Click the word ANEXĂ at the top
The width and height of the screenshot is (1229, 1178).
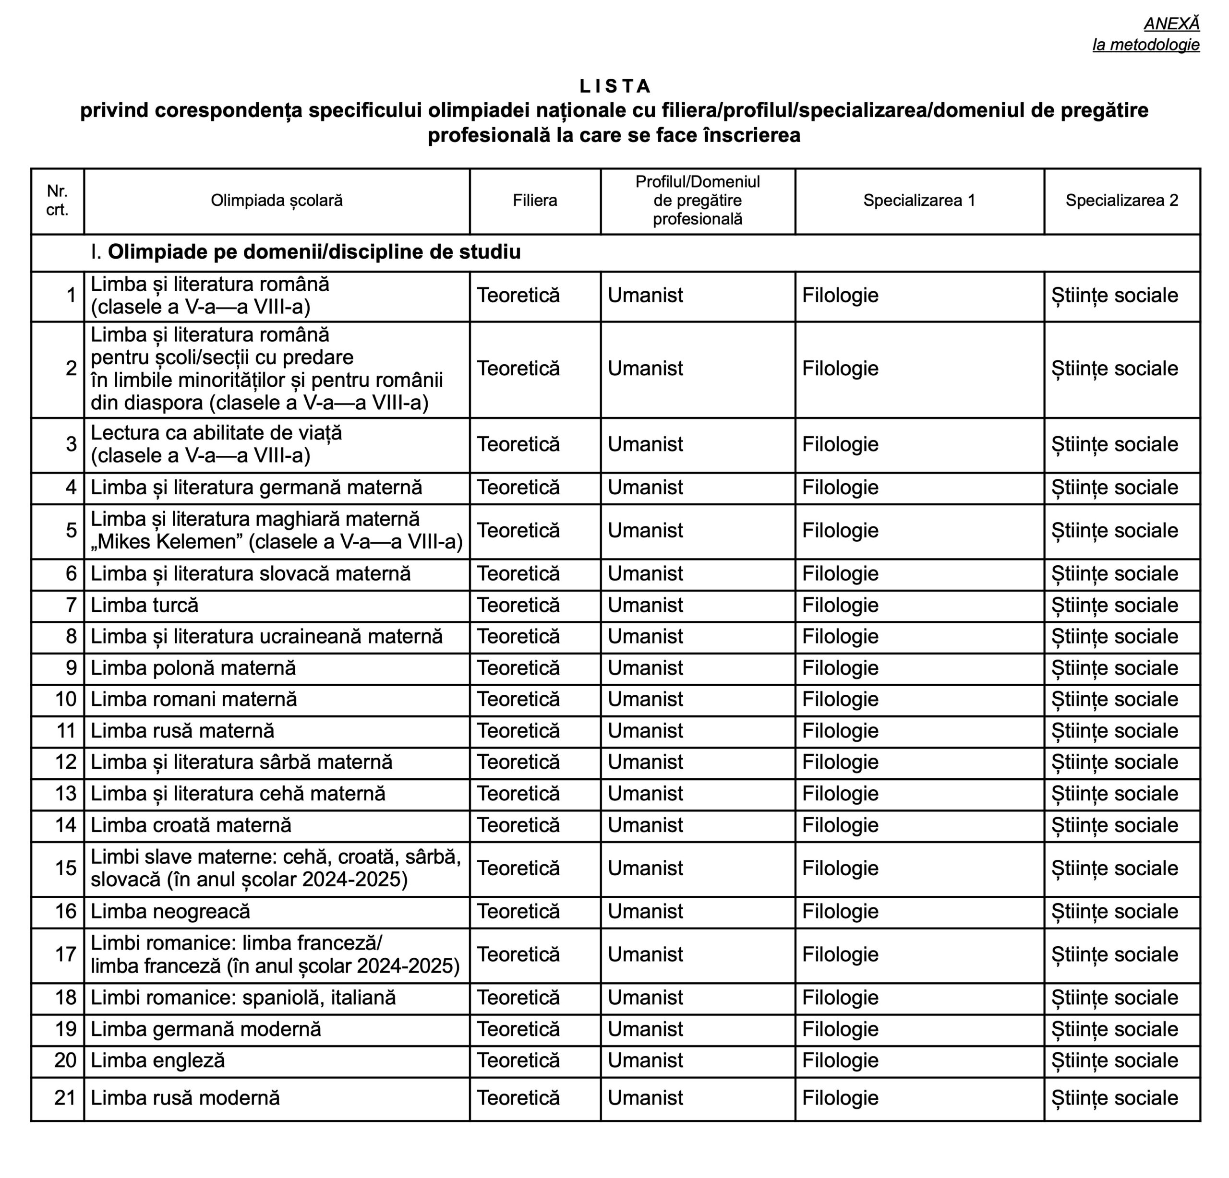1171,24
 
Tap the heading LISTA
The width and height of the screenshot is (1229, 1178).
615,86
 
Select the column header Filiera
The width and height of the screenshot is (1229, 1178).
534,201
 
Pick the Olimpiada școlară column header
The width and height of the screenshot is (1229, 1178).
277,201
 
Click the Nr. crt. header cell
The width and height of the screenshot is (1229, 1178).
57,201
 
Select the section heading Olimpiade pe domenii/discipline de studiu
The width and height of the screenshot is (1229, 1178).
313,252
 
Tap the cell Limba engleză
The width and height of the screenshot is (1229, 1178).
157,1060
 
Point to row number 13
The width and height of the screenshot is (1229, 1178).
66,793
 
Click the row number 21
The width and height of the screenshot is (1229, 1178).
65,1098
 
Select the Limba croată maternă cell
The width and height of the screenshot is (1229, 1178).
191,824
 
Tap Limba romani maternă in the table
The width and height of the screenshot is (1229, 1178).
194,699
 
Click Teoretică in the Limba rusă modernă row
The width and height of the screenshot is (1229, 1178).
518,1098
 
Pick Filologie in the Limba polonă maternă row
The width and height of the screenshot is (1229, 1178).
840,668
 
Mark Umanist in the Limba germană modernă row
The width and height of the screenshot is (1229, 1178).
645,1029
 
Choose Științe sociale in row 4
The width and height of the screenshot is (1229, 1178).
1114,488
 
